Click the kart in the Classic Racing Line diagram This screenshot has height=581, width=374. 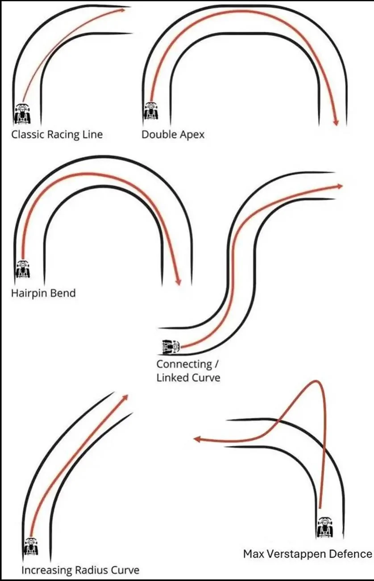tap(23, 114)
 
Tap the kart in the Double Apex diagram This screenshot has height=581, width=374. tap(151, 110)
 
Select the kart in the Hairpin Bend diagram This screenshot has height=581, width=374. tap(23, 269)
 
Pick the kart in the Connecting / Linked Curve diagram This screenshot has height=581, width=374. tap(171, 346)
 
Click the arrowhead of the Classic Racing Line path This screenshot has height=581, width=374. tap(123, 10)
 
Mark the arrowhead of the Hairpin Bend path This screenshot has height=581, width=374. tap(178, 282)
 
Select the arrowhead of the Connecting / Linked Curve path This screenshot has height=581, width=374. tap(340, 186)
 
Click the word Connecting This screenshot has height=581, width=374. tap(184, 364)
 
